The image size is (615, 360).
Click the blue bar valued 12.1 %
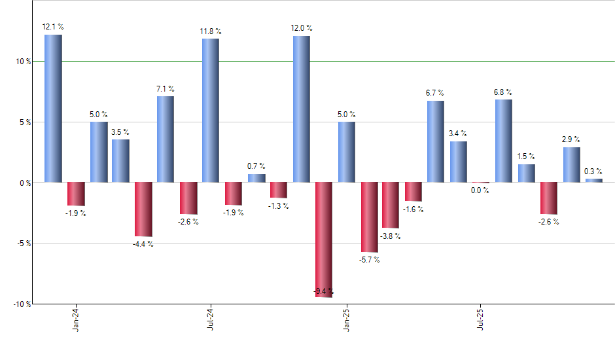[x=53, y=108]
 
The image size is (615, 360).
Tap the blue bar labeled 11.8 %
[x=211, y=110]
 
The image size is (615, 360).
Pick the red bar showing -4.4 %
[x=143, y=209]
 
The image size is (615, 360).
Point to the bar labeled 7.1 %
[x=166, y=139]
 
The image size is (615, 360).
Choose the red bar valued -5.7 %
[x=369, y=217]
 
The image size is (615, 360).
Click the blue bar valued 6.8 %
[x=504, y=141]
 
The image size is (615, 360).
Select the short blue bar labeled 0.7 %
[x=256, y=178]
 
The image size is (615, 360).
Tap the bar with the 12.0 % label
[x=302, y=109]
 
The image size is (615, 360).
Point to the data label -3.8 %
[x=391, y=236]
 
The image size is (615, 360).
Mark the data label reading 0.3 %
[x=593, y=171]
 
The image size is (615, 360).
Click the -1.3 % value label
[x=279, y=206]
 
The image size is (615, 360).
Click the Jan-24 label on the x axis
[x=77, y=317]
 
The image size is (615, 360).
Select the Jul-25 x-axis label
[x=481, y=317]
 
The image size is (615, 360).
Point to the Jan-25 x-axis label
[x=346, y=317]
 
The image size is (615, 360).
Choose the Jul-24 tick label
[x=211, y=317]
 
